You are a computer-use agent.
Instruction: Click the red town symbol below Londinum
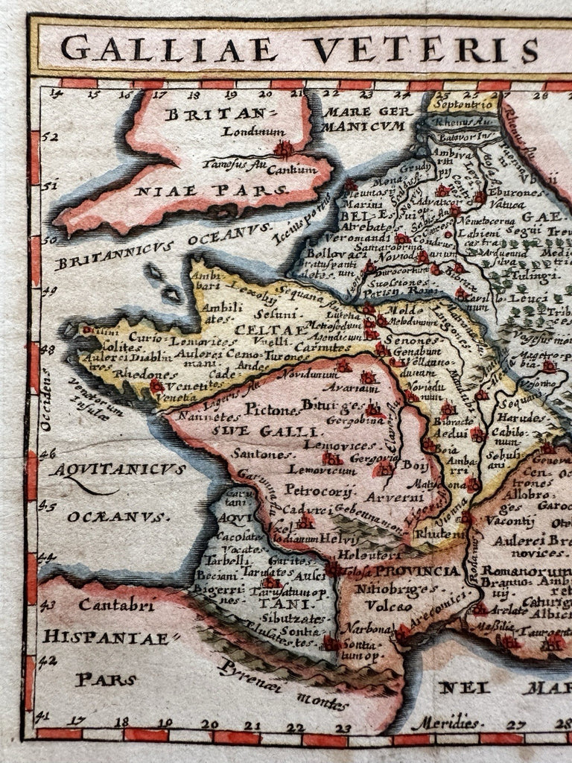pos(283,150)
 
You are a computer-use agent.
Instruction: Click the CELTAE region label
pos(260,329)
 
